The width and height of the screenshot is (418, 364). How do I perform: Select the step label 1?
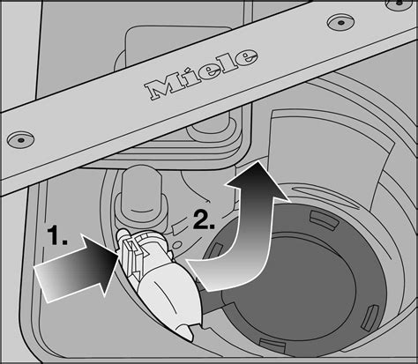57,235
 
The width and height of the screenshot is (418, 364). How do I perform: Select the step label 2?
204,219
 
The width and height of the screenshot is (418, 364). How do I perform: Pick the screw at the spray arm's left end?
20,139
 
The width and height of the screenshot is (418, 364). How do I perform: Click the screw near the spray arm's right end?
340,22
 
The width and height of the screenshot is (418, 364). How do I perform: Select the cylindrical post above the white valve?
140,194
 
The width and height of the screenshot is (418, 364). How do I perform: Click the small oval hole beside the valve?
178,244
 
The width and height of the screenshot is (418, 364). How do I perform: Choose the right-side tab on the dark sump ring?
371,317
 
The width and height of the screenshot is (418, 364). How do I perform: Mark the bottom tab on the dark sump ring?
272,345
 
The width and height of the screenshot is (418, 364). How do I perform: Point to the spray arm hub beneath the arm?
213,127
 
